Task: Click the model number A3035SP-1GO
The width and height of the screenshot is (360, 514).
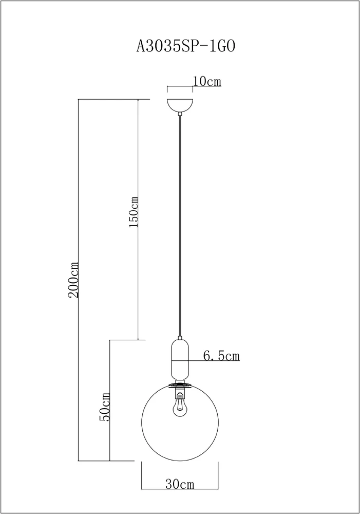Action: tap(186, 46)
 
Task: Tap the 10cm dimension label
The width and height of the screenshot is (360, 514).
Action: tap(206, 81)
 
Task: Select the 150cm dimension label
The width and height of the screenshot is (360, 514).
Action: tap(134, 212)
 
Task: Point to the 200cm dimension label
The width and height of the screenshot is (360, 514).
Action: tap(73, 279)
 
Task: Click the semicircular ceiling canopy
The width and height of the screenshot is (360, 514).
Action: tap(180, 105)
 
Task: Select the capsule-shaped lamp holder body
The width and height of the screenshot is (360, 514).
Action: tap(180, 359)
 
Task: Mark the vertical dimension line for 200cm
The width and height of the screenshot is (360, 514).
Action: tap(79, 280)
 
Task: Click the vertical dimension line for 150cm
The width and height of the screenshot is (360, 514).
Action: tap(138, 219)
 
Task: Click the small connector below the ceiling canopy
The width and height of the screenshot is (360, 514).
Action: tap(180, 114)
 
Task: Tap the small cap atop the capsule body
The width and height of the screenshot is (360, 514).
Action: tap(180, 338)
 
